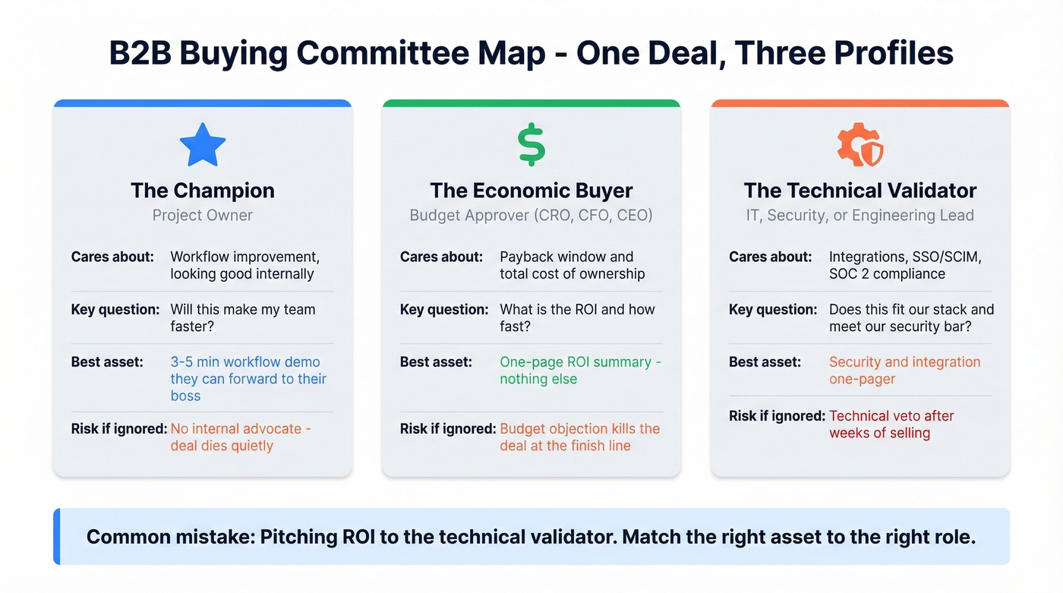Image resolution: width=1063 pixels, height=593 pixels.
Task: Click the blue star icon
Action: (203, 144)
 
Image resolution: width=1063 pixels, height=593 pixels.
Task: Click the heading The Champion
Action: (203, 190)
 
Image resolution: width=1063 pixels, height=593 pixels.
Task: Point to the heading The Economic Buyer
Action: (531, 190)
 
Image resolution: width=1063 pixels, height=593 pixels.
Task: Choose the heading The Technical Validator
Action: (860, 190)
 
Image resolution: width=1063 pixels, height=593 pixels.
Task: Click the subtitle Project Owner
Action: (203, 215)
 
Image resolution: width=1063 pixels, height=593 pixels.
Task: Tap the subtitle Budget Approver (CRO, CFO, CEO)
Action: (531, 215)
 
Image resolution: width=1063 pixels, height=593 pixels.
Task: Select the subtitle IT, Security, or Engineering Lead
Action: (860, 215)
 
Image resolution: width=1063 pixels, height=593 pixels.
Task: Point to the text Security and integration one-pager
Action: (904, 370)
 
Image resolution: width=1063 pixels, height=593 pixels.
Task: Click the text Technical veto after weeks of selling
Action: (891, 424)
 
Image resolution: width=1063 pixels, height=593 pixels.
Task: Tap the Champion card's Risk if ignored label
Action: (119, 428)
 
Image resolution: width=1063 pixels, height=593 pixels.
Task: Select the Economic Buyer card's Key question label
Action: (444, 309)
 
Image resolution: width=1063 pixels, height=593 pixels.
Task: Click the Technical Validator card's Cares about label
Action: (770, 257)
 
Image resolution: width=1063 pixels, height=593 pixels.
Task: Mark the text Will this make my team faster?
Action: (242, 317)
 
